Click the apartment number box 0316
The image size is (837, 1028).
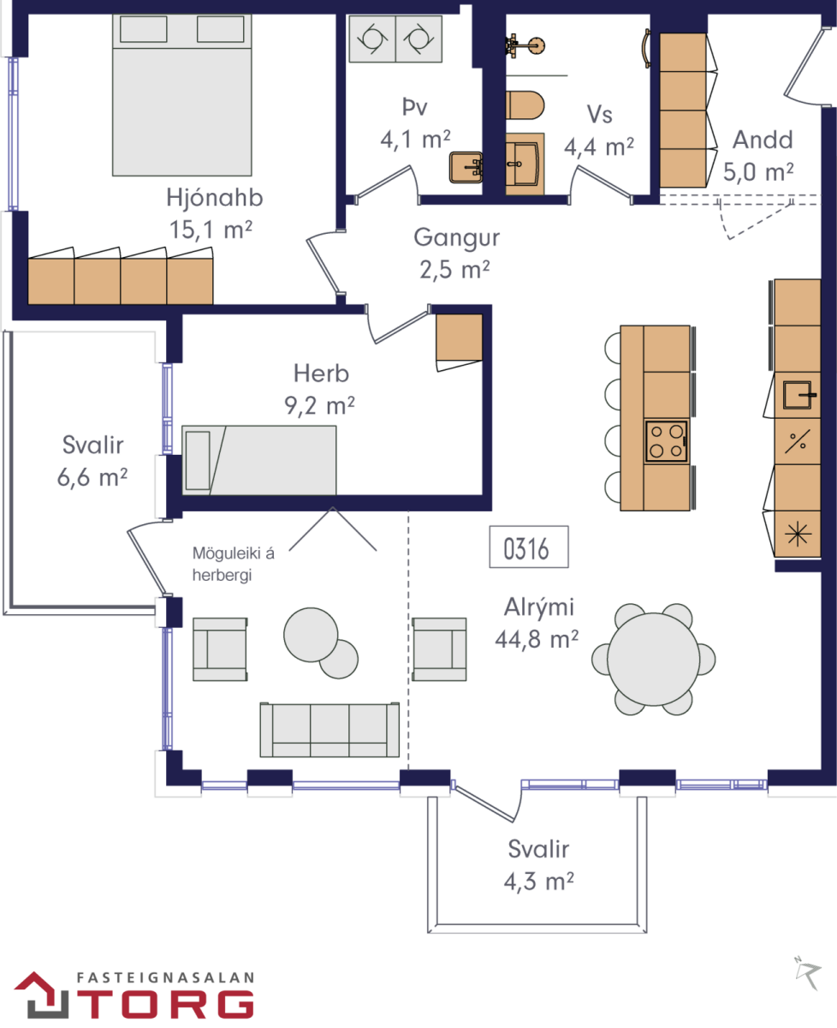(x=529, y=547)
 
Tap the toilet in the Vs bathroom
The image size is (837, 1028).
(x=525, y=105)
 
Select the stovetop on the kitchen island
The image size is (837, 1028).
(x=666, y=441)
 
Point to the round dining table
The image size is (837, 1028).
(x=653, y=660)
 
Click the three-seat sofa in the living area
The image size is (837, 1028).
(x=329, y=730)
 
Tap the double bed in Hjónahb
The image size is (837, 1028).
(x=181, y=95)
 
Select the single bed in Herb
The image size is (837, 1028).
(x=259, y=460)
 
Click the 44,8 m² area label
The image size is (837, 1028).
(x=537, y=639)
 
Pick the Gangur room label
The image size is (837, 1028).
(x=457, y=237)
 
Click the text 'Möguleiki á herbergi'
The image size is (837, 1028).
(x=234, y=564)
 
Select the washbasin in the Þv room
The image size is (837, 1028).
(x=466, y=167)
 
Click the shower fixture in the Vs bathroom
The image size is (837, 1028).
(x=525, y=46)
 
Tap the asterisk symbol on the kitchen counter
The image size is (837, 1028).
(x=798, y=534)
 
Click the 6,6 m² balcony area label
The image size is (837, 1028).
(x=92, y=477)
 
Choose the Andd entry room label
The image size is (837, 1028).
(x=763, y=140)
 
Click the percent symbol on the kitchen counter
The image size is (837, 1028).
(x=798, y=441)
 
